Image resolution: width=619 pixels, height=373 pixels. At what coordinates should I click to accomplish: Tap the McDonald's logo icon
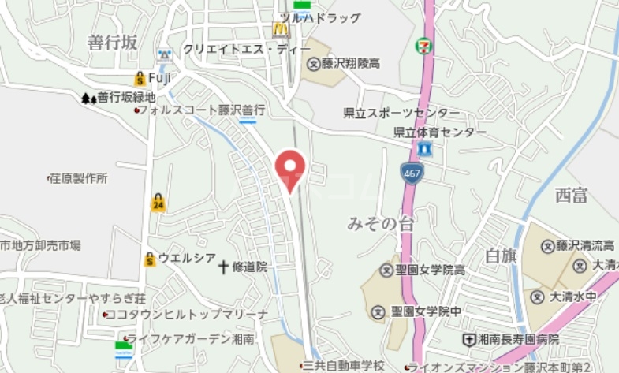click(x=281, y=29)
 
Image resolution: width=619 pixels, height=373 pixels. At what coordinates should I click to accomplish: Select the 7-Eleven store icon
click(x=424, y=46)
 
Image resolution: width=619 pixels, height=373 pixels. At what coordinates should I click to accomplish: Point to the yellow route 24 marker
click(x=158, y=203)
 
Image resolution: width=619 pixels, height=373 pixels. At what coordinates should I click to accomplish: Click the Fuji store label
click(x=160, y=77)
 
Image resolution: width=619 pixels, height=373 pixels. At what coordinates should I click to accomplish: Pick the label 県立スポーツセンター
click(x=401, y=113)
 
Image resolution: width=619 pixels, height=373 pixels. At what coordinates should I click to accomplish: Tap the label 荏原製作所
click(x=77, y=178)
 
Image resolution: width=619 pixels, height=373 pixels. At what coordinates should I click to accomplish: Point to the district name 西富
click(x=570, y=196)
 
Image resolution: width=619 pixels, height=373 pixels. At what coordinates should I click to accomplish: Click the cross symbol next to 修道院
click(x=223, y=267)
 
